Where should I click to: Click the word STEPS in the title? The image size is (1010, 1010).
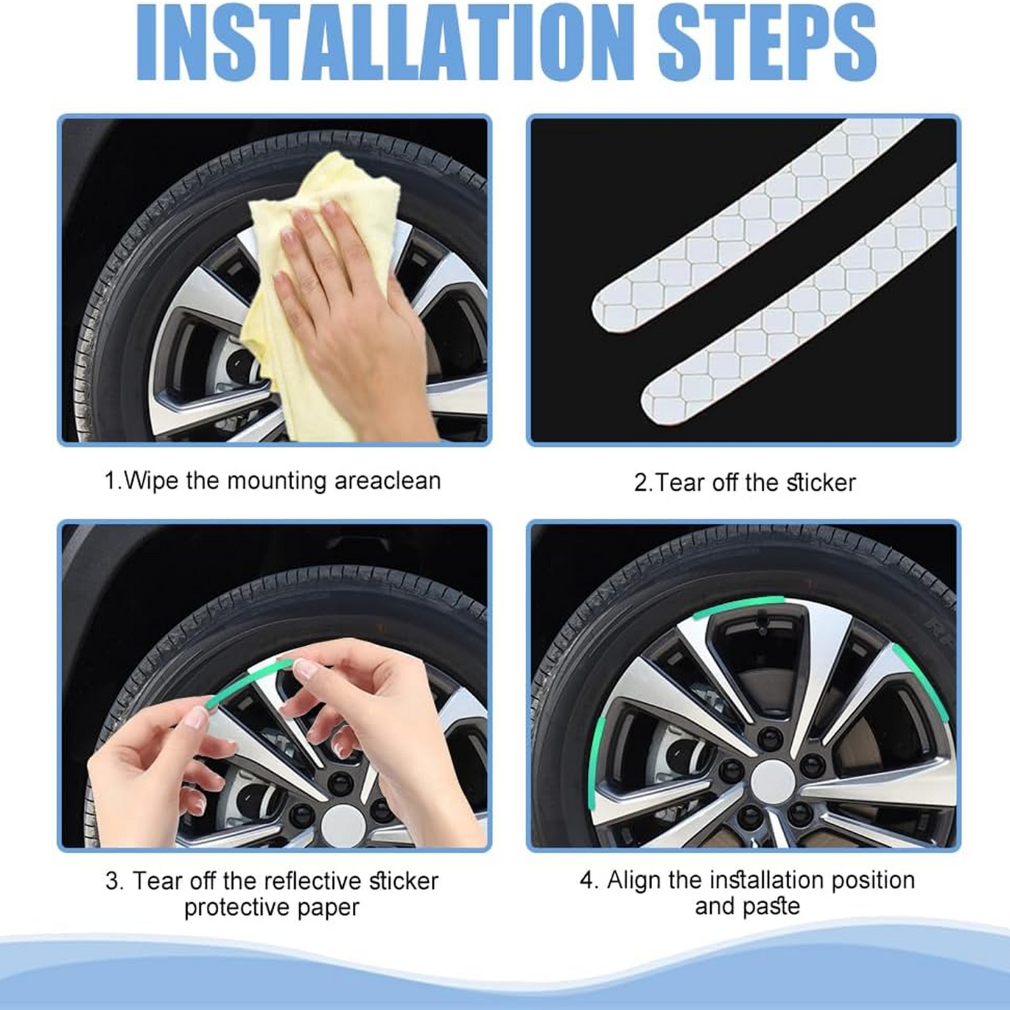(x=766, y=43)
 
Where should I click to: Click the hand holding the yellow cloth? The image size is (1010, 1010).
(x=349, y=294)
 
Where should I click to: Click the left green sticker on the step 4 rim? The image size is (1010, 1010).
(x=596, y=762)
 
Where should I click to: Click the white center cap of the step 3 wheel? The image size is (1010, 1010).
(x=343, y=825)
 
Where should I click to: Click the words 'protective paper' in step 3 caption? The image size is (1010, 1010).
(x=271, y=907)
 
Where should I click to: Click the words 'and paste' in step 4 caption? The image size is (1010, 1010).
(x=747, y=906)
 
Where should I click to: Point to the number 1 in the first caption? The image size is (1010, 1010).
(x=110, y=482)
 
